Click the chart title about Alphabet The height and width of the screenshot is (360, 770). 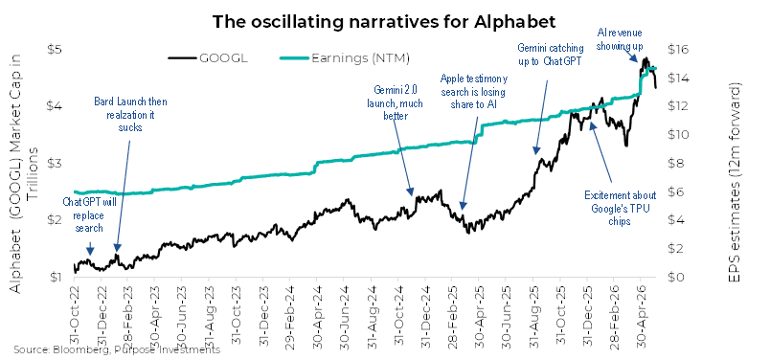click(384, 22)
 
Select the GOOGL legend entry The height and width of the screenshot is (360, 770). click(208, 58)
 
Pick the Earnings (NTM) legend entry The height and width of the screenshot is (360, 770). click(345, 58)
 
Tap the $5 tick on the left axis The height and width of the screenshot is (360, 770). click(54, 50)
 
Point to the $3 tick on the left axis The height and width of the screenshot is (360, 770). click(54, 163)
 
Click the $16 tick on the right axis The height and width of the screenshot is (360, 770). click(678, 50)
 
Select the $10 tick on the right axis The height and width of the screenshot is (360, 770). click(678, 135)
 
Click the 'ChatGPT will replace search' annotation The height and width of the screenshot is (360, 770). click(89, 214)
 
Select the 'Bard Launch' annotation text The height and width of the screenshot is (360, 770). click(130, 115)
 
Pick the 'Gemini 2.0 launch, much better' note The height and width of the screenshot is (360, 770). click(396, 103)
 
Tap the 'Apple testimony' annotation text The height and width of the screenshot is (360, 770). click(474, 91)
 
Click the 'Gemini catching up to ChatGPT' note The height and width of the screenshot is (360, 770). click(551, 54)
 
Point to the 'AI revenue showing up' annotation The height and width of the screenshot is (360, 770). click(620, 38)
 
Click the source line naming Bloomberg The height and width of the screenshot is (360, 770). click(117, 349)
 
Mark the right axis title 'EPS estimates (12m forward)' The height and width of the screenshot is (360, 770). click(735, 183)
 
